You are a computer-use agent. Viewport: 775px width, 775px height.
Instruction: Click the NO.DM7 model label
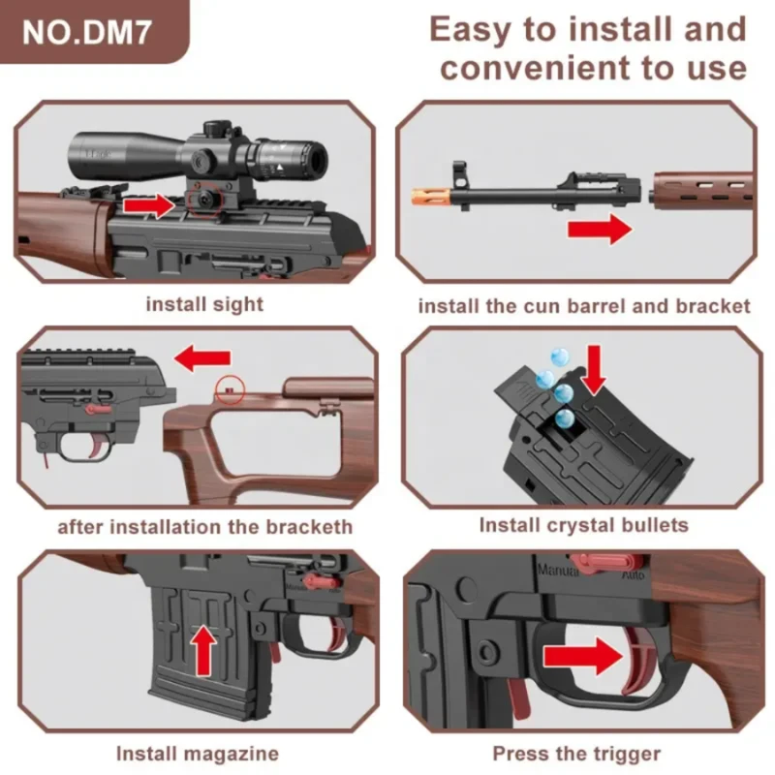click(x=86, y=33)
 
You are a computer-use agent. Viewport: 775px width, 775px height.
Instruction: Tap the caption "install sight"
click(x=204, y=305)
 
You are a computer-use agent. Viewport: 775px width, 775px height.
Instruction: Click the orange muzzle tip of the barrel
click(x=430, y=197)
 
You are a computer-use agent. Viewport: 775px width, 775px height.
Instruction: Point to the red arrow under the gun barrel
click(x=600, y=230)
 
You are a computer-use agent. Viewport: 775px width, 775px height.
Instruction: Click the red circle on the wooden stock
click(x=230, y=389)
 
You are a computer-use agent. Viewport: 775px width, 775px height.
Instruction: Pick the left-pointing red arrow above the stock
click(x=202, y=358)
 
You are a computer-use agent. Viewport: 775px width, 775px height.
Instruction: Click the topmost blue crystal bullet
click(x=560, y=356)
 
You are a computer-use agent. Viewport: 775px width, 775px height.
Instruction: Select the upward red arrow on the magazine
click(x=203, y=649)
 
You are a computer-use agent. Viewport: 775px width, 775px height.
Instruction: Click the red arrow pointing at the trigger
click(x=583, y=656)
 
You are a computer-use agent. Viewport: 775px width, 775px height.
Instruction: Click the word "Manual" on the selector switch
click(x=558, y=571)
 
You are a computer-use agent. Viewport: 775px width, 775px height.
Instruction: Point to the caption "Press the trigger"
click(x=576, y=755)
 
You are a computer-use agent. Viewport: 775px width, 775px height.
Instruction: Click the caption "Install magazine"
click(x=198, y=755)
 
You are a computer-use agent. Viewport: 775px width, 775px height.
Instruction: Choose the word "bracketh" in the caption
click(x=309, y=527)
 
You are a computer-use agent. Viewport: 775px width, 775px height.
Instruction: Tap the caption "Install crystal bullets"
click(x=584, y=525)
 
